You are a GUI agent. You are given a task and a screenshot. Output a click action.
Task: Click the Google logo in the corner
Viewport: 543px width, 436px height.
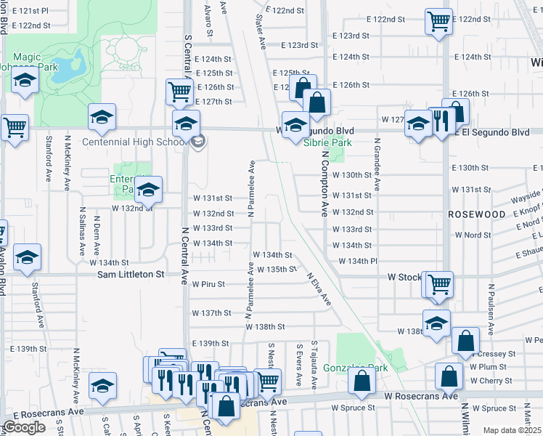23,427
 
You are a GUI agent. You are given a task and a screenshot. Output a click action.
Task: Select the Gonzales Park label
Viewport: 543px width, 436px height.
355,368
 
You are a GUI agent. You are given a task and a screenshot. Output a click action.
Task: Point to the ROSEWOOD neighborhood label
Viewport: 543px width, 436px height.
476,215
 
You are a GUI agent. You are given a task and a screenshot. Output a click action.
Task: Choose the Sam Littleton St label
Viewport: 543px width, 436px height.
131,275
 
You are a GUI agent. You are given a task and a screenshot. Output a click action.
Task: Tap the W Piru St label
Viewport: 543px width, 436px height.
208,284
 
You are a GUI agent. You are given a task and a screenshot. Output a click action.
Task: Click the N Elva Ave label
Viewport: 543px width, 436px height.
319,288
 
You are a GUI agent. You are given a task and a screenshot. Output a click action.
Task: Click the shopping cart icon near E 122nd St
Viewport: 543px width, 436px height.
438,21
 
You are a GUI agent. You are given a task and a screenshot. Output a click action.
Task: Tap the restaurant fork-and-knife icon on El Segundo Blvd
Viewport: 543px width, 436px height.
441,119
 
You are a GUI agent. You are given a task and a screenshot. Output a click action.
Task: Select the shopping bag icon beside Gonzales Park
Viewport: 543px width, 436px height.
362,379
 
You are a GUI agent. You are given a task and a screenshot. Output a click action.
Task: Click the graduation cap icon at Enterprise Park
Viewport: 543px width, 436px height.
148,189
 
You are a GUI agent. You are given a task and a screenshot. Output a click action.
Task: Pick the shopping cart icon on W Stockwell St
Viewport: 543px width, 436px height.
438,284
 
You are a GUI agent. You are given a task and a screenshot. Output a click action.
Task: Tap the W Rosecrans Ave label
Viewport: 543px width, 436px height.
421,396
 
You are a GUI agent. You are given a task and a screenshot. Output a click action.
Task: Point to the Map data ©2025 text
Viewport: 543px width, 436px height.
513,430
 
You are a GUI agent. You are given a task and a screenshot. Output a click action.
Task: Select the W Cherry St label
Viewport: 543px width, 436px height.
490,381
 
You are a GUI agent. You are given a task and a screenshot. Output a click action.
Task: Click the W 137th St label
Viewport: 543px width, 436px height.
211,312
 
